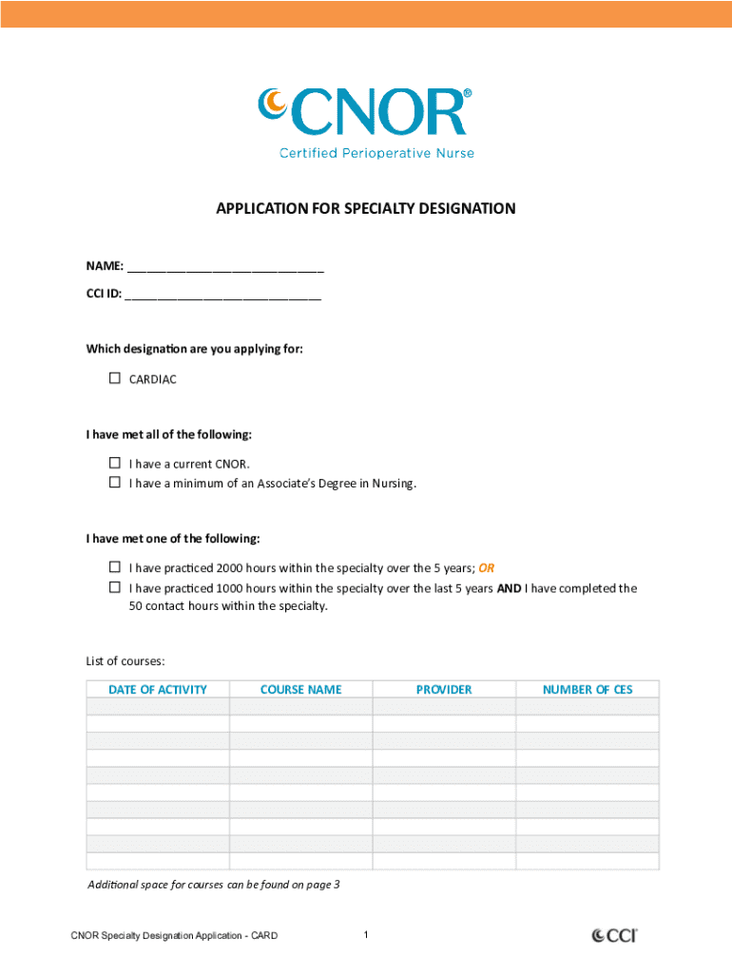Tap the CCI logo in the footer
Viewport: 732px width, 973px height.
click(x=614, y=936)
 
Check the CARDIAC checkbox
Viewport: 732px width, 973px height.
click(x=115, y=378)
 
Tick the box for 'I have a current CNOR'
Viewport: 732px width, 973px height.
click(x=115, y=464)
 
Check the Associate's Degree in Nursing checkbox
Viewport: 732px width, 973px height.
click(x=115, y=483)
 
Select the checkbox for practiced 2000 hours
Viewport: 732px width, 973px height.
click(x=115, y=568)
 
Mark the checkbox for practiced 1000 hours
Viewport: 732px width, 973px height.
click(x=115, y=587)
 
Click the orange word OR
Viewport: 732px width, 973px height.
click(x=486, y=568)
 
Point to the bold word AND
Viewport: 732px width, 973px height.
click(x=509, y=588)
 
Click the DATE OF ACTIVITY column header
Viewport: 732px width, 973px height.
click(x=158, y=690)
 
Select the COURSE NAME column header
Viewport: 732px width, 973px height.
click(x=300, y=690)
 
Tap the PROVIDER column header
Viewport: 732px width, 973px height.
click(x=444, y=690)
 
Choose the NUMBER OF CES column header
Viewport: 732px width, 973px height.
click(x=588, y=690)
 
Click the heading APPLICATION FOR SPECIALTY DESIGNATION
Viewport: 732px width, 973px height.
click(x=366, y=208)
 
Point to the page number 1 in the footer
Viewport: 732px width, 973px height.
click(x=366, y=936)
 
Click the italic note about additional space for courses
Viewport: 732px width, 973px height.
click(x=214, y=885)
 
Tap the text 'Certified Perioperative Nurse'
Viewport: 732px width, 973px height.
click(x=376, y=153)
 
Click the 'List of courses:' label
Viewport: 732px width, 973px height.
click(x=125, y=660)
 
